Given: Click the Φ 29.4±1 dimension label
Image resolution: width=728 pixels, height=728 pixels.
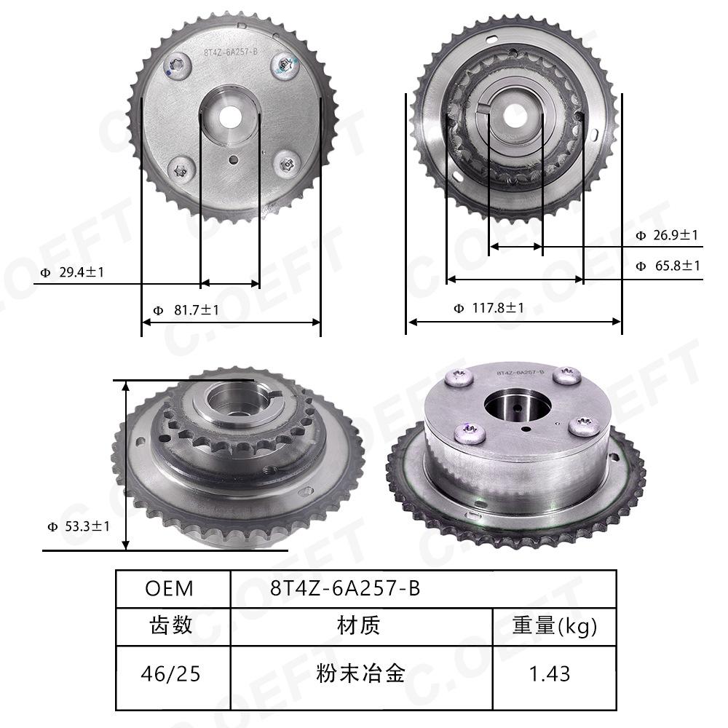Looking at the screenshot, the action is pyautogui.click(x=72, y=272).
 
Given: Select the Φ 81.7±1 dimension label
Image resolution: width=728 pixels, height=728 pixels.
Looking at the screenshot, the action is pyautogui.click(x=186, y=309).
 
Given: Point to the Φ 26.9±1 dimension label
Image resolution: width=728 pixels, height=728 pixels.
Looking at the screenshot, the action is pyautogui.click(x=667, y=235).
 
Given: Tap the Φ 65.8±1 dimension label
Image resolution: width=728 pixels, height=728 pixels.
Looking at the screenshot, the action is pyautogui.click(x=668, y=266).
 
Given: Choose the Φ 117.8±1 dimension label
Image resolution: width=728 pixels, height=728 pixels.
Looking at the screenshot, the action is pyautogui.click(x=489, y=308).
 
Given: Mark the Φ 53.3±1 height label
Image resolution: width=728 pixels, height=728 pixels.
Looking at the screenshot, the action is pyautogui.click(x=79, y=526).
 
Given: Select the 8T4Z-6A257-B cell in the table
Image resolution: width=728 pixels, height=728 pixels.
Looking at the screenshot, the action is pyautogui.click(x=424, y=589).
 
